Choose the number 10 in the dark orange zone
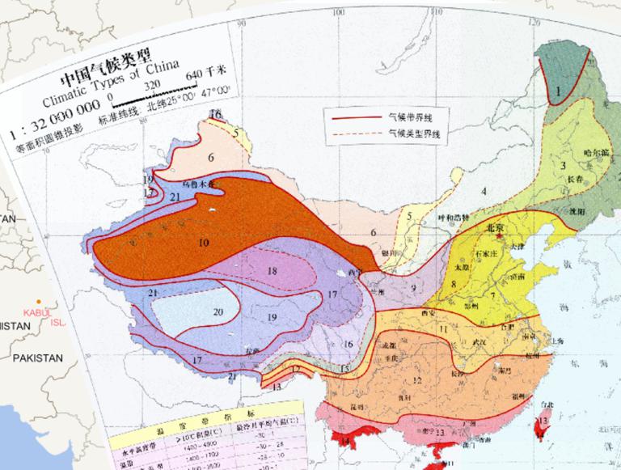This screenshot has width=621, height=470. [x=203, y=242]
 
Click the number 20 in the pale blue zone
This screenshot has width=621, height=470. [x=218, y=311]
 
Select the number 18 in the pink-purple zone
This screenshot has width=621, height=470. [x=272, y=270]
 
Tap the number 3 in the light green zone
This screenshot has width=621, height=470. [x=562, y=166]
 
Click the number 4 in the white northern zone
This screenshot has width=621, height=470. [x=484, y=191]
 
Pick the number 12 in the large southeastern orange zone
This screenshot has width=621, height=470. [x=418, y=380]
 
